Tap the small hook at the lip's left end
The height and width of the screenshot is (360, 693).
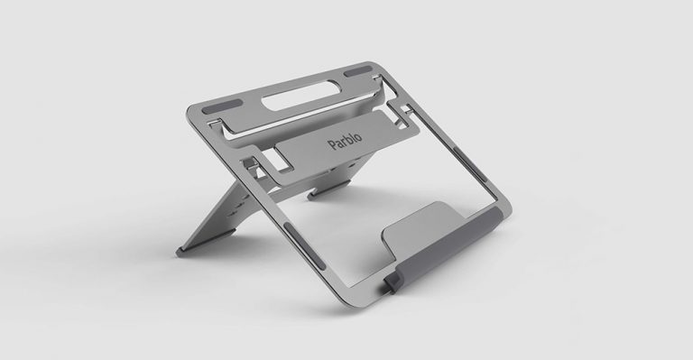pyautogui.click(x=392, y=283)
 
